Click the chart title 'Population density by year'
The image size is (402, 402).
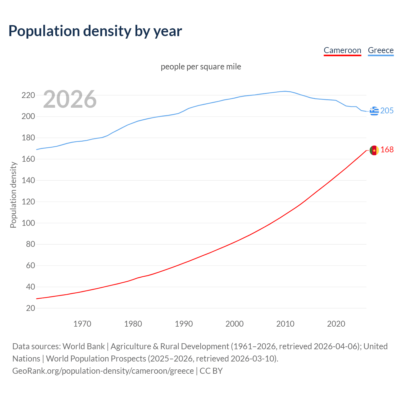[95, 31]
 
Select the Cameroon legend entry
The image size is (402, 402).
[342, 50]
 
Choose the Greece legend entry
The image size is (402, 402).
[381, 50]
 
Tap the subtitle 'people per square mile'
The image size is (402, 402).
[201, 67]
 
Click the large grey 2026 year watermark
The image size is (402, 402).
[70, 99]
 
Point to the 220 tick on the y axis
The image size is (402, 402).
[28, 95]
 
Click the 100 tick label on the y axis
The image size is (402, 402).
[28, 223]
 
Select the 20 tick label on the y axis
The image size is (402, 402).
[30, 308]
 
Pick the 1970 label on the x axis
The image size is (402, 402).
[82, 324]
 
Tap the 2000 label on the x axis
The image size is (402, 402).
[235, 324]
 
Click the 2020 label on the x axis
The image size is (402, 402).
[336, 324]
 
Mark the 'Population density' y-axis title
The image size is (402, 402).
[13, 195]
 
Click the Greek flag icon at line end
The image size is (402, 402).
[374, 111]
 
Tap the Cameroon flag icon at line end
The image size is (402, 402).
[374, 150]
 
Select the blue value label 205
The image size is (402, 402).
[387, 111]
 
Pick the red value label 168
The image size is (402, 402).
[387, 150]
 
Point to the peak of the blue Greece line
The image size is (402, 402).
[285, 91]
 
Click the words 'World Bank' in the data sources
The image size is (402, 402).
[84, 346]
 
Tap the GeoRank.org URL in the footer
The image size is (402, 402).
[103, 371]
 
